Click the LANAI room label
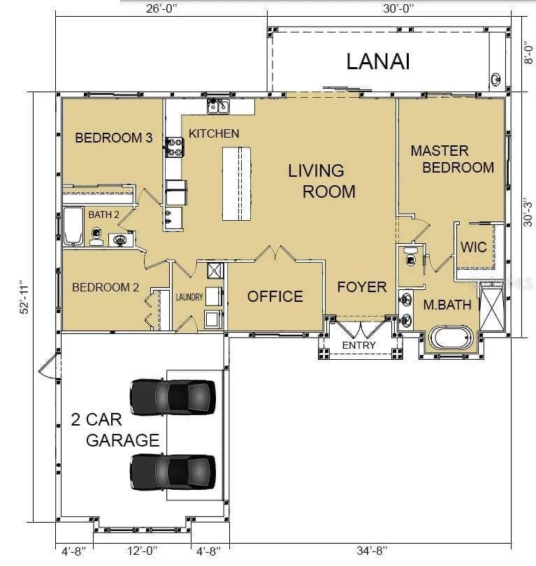pos(378,61)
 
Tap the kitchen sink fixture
pos(218,106)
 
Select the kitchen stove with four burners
pos(175,147)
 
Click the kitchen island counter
pos(236,184)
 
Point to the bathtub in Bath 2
pos(73,226)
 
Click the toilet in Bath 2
pos(96,235)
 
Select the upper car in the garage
pos(173,397)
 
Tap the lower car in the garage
pos(173,472)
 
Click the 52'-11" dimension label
pos(25,297)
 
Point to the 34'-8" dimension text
pos(372,551)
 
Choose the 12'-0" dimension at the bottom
pos(143,551)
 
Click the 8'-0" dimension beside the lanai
pos(528,55)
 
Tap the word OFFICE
pos(275,297)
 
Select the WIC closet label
pos(474,247)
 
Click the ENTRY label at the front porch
pos(358,345)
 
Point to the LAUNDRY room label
pos(189,297)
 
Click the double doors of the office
pos(275,253)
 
